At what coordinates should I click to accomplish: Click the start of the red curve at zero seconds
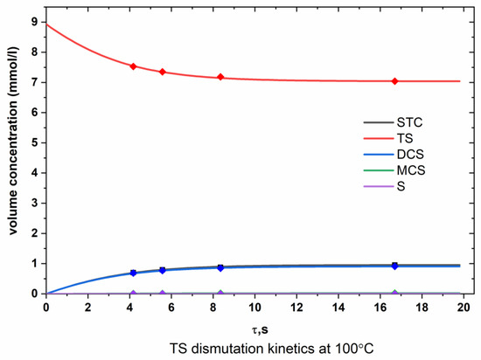pos(46,24)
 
